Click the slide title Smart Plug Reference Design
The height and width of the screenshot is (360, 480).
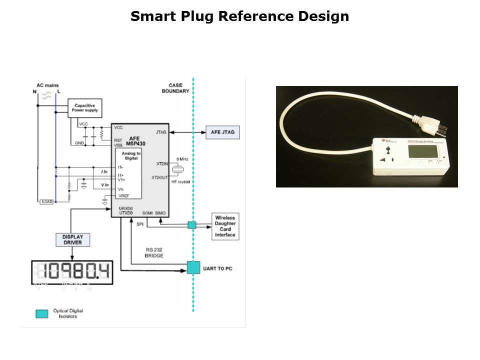point(239,16)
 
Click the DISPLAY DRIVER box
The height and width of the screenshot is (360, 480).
point(72,239)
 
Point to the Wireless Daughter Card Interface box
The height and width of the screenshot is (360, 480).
point(225,226)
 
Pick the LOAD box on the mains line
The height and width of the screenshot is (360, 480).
point(46,201)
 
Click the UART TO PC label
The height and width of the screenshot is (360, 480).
point(217,269)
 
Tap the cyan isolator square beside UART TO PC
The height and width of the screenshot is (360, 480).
point(193,267)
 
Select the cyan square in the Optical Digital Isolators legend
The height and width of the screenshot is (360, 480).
point(42,313)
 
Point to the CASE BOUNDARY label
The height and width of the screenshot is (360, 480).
point(175,88)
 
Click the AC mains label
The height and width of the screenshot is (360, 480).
point(47,85)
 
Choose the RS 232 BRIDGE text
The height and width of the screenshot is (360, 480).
point(154,252)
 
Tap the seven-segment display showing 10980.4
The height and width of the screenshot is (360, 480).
point(72,272)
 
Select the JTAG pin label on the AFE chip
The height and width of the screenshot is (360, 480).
point(161,132)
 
